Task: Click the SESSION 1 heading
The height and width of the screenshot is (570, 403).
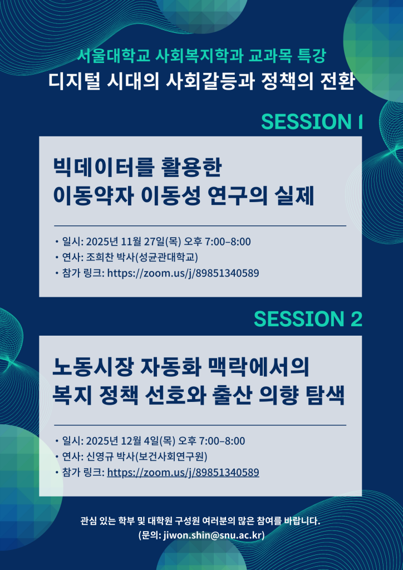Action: [x=312, y=122]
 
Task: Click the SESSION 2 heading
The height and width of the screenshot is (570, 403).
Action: [x=308, y=319]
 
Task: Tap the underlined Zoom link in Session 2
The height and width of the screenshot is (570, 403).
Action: [x=183, y=473]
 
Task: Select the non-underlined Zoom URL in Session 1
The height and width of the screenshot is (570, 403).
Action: [x=183, y=273]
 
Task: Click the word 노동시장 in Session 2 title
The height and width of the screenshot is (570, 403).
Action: [x=92, y=368]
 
